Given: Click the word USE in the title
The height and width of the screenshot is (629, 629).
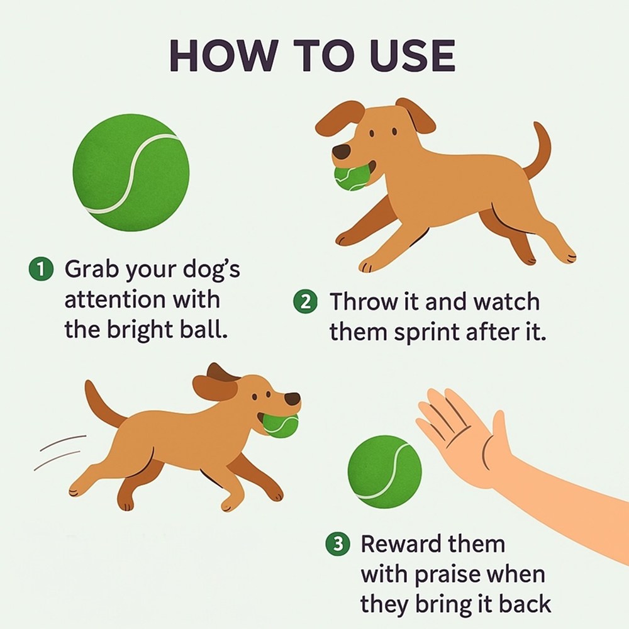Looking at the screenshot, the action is tap(413, 55).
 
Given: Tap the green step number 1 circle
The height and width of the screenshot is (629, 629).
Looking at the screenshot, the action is tap(41, 269).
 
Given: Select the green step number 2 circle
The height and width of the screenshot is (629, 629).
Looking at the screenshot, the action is tap(305, 301).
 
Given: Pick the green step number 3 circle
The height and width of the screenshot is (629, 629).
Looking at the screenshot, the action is tap(337, 543).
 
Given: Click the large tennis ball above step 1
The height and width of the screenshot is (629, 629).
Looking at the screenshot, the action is tap(131, 172).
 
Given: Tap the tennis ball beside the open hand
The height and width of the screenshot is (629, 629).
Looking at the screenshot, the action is tap(385, 472).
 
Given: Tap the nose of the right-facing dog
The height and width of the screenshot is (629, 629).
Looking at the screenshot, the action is tap(292, 399).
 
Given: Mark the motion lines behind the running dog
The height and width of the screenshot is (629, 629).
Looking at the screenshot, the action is tap(60, 452).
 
